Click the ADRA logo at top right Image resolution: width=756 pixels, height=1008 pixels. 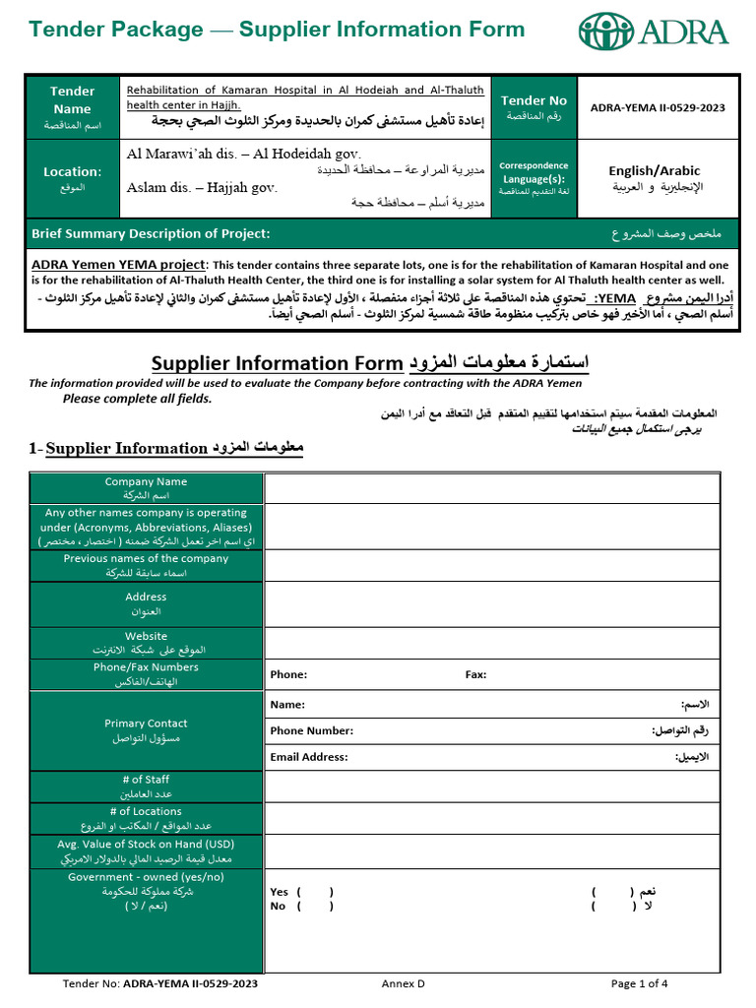(654, 31)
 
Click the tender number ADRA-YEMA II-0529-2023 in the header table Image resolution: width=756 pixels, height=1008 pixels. (658, 107)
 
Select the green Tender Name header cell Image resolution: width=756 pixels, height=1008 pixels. (73, 107)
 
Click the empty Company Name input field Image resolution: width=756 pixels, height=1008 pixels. (491, 488)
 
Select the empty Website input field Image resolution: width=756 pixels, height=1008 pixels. (491, 643)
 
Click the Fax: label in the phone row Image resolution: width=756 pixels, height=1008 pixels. (475, 674)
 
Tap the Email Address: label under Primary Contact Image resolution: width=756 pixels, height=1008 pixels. (309, 757)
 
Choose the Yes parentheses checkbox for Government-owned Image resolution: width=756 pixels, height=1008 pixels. (315, 892)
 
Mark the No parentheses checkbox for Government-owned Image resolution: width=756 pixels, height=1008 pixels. (315, 906)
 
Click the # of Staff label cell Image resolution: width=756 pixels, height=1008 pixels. (146, 787)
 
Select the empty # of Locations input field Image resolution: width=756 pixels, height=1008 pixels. (491, 819)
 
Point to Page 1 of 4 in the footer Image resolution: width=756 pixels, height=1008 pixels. (639, 982)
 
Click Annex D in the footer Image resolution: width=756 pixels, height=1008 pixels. (404, 982)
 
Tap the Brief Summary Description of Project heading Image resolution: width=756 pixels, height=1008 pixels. (151, 234)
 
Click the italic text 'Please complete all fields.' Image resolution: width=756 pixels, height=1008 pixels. (138, 399)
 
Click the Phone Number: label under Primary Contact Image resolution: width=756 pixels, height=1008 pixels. (312, 730)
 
